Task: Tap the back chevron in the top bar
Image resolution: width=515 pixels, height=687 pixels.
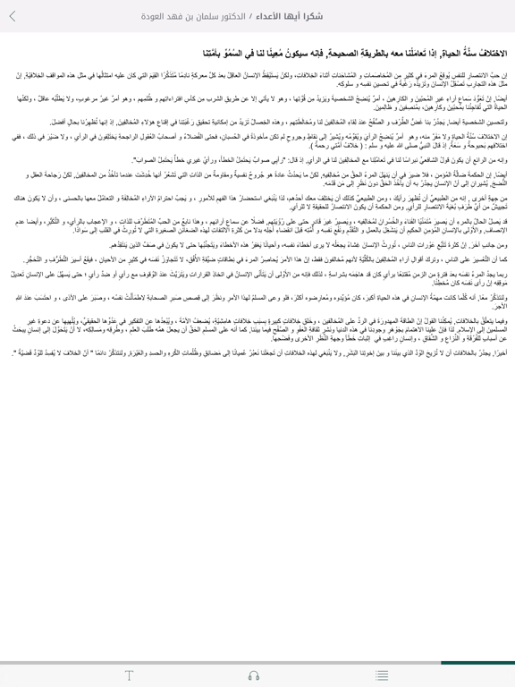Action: (13, 16)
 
